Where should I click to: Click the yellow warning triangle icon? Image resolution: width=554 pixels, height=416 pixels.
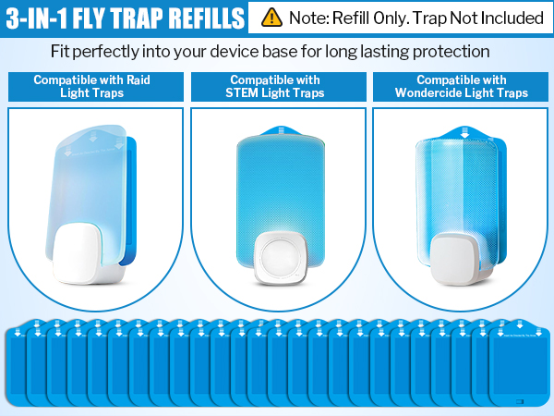tap(271, 18)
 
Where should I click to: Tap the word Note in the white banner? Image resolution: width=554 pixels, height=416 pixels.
tap(308, 18)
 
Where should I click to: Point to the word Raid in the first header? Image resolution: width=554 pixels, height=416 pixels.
tap(138, 80)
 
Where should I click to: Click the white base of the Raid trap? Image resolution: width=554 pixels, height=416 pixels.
tap(80, 254)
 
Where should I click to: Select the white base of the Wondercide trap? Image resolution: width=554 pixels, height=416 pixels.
tap(458, 259)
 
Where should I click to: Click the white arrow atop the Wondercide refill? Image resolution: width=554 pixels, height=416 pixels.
tap(465, 131)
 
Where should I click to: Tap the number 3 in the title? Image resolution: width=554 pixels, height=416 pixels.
tap(13, 18)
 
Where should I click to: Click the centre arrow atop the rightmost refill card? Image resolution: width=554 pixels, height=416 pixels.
tap(519, 324)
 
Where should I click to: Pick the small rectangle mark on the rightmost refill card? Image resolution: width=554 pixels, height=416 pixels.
tap(519, 401)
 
